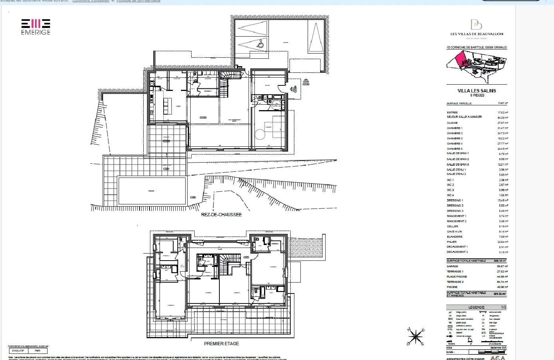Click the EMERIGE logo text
(35, 32)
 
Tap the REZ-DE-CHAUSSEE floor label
(221, 214)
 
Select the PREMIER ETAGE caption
(221, 343)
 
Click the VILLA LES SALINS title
(476, 91)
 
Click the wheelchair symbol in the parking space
(261, 44)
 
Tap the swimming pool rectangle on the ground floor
(151, 191)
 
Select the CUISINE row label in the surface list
(452, 123)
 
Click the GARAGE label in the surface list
(452, 266)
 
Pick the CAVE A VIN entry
(454, 231)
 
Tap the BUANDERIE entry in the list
(454, 237)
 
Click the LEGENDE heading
(476, 307)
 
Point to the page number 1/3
(503, 307)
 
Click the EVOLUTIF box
(18, 350)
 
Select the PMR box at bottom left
(38, 350)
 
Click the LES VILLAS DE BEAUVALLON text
(476, 34)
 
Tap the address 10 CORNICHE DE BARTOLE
(476, 47)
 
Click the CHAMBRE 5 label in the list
(454, 149)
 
